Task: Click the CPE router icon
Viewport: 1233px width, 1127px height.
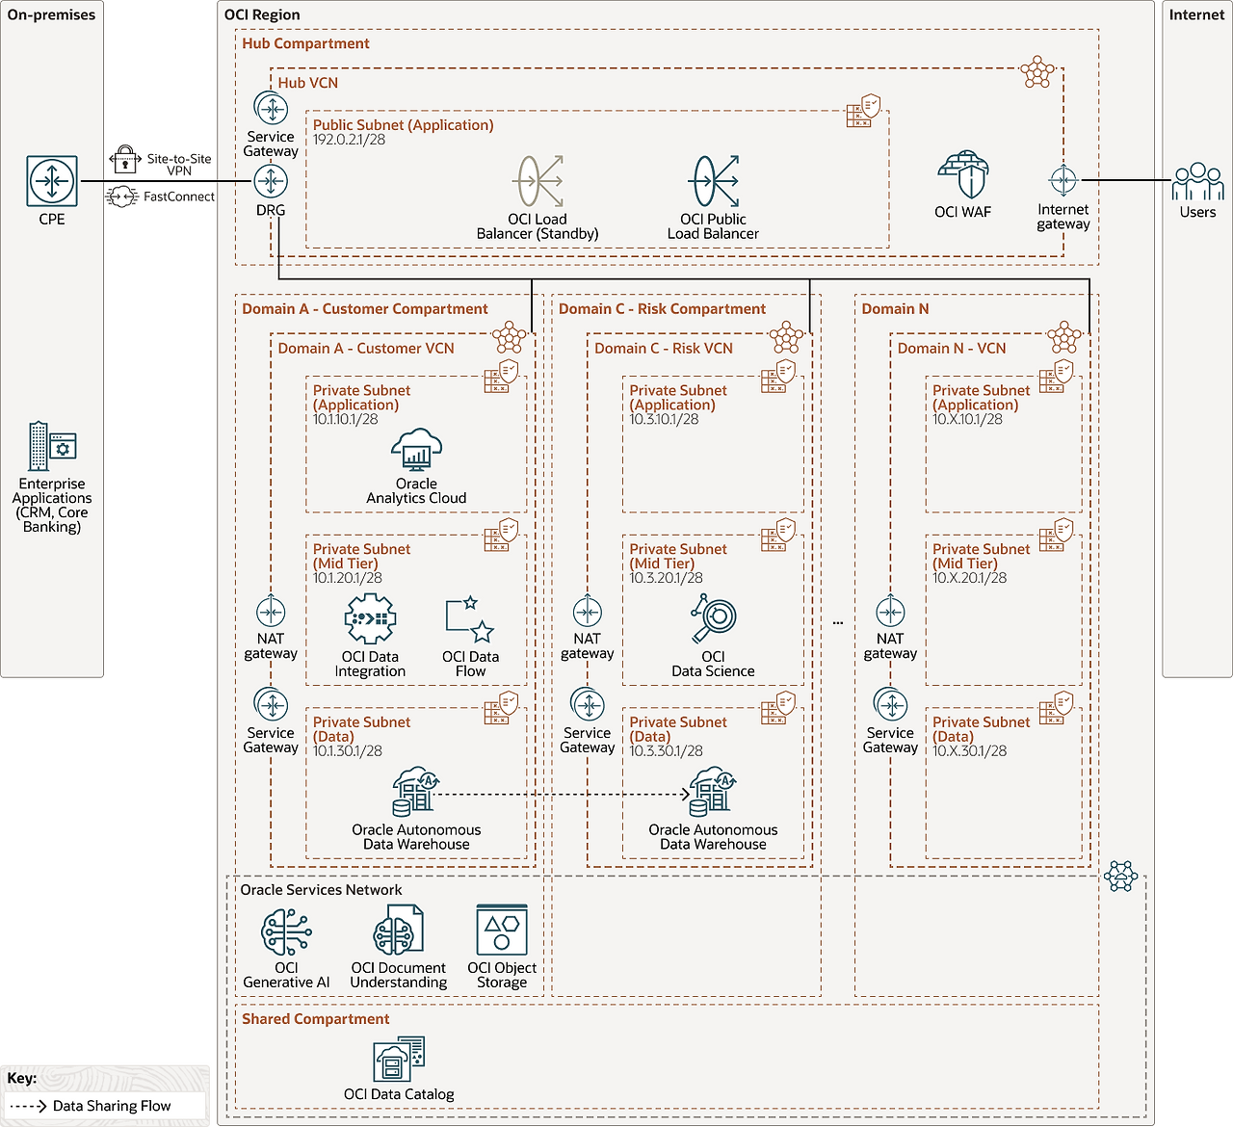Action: [52, 181]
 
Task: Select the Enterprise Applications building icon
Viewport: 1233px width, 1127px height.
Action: [52, 446]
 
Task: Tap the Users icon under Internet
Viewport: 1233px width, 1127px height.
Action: [1197, 181]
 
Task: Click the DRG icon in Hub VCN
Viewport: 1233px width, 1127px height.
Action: [271, 181]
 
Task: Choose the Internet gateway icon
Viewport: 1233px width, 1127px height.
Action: [1062, 180]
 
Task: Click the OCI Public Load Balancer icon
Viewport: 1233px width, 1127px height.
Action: [714, 181]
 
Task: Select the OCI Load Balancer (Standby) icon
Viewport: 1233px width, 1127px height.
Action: [538, 181]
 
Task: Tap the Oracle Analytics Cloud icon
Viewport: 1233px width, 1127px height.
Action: [416, 449]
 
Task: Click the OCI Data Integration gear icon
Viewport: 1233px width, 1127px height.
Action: [370, 618]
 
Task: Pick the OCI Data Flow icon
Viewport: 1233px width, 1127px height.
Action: [470, 619]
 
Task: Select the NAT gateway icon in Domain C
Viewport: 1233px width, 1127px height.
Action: [588, 612]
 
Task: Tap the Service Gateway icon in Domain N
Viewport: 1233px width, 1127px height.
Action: [890, 705]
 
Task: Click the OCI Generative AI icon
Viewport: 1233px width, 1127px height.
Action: [286, 931]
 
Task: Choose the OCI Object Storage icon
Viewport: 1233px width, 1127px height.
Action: [502, 930]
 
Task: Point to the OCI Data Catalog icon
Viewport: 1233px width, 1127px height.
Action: [399, 1060]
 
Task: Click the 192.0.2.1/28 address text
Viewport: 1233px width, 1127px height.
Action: [349, 140]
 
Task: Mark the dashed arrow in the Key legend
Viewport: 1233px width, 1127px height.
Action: [28, 1106]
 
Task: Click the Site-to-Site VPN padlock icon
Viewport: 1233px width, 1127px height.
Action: [125, 159]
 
